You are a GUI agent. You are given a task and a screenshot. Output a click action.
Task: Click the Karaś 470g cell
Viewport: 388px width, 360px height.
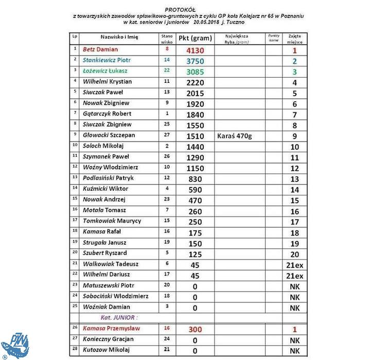(236, 137)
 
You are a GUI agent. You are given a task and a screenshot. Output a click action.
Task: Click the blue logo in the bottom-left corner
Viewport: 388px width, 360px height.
(14, 345)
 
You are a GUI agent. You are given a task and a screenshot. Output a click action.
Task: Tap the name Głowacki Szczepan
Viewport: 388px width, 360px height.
(109, 135)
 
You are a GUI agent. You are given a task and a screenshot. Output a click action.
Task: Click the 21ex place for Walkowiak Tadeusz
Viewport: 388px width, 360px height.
(295, 265)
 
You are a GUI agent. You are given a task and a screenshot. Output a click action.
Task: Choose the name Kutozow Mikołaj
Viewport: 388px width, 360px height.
(106, 350)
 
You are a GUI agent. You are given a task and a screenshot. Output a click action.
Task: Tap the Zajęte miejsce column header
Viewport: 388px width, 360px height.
(295, 38)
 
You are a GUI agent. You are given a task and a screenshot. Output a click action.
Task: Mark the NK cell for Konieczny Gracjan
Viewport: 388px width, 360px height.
(295, 340)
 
